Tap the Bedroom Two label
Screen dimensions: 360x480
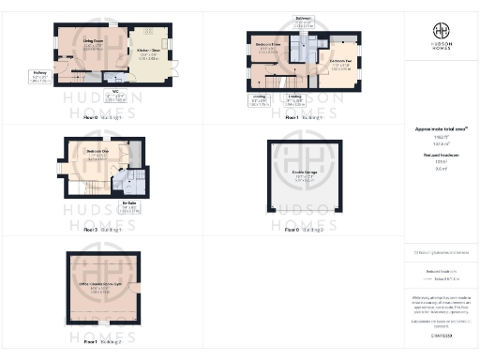[x=340, y=63]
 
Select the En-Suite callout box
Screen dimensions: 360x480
[x=131, y=206]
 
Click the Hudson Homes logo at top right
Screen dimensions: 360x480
[x=441, y=37]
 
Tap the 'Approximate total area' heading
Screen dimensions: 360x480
[x=441, y=128]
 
